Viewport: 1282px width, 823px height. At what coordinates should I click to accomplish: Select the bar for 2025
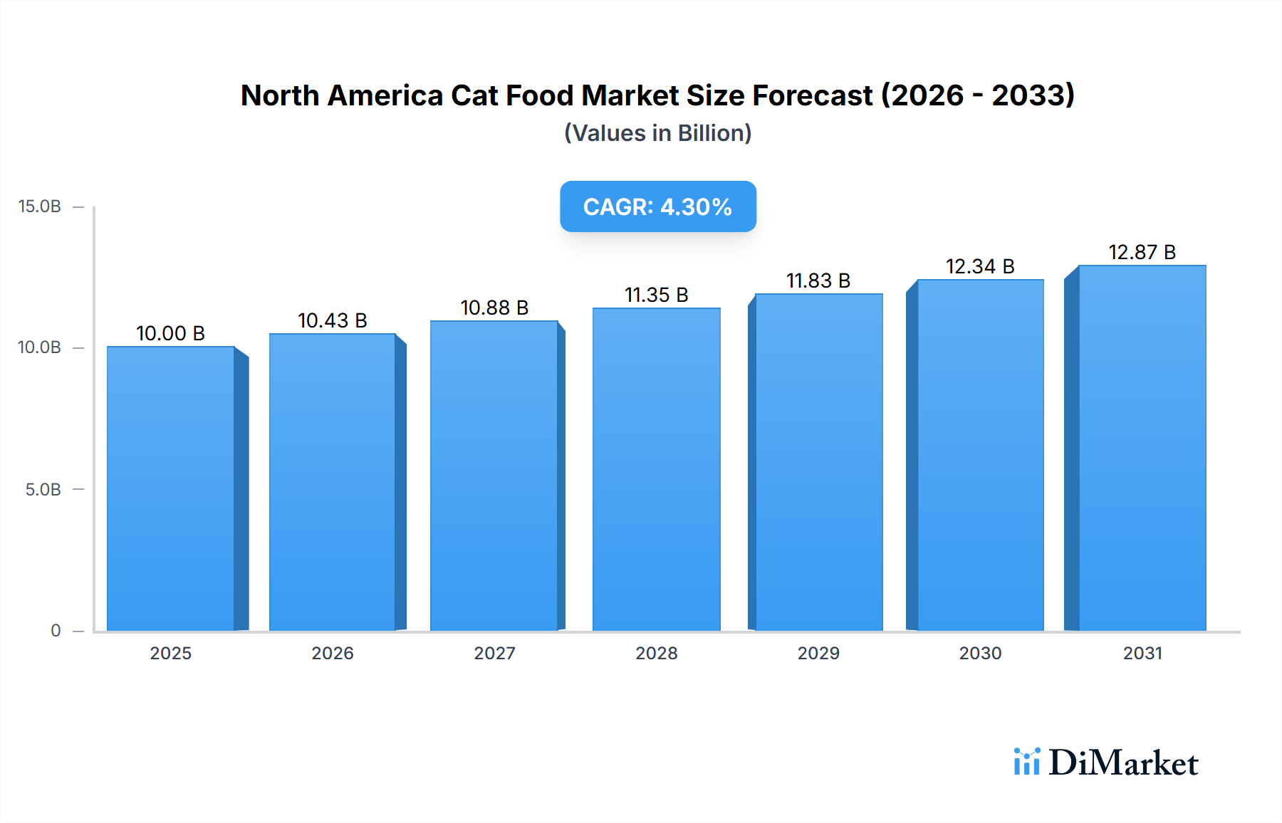[171, 488]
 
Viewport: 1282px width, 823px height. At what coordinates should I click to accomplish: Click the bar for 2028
[656, 470]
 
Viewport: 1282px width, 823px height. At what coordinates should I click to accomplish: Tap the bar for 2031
[1142, 449]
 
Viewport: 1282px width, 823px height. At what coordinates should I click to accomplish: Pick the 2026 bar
[333, 482]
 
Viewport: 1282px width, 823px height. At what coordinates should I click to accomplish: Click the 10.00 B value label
[170, 333]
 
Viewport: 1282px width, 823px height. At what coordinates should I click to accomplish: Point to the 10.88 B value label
[494, 308]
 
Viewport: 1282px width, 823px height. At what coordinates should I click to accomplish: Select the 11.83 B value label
[818, 281]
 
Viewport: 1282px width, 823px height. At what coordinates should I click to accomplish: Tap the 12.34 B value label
[980, 266]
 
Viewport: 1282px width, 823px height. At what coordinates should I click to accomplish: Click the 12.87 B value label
[1142, 252]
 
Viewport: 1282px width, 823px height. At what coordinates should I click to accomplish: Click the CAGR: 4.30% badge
[657, 206]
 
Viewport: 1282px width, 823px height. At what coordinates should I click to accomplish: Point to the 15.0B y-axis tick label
[40, 206]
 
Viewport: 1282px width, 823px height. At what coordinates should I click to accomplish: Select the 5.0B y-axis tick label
[43, 489]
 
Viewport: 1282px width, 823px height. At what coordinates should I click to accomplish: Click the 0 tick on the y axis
[56, 630]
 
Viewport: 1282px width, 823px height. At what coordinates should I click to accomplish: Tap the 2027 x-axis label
[494, 653]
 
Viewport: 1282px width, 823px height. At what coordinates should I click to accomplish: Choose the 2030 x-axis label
[980, 653]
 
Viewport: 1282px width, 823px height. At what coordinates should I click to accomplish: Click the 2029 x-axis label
[818, 653]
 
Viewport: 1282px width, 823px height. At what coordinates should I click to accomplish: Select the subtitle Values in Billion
[657, 133]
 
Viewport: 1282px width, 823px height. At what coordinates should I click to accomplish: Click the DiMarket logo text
[1123, 762]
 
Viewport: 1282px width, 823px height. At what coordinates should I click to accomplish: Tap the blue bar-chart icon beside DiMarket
[1026, 762]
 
